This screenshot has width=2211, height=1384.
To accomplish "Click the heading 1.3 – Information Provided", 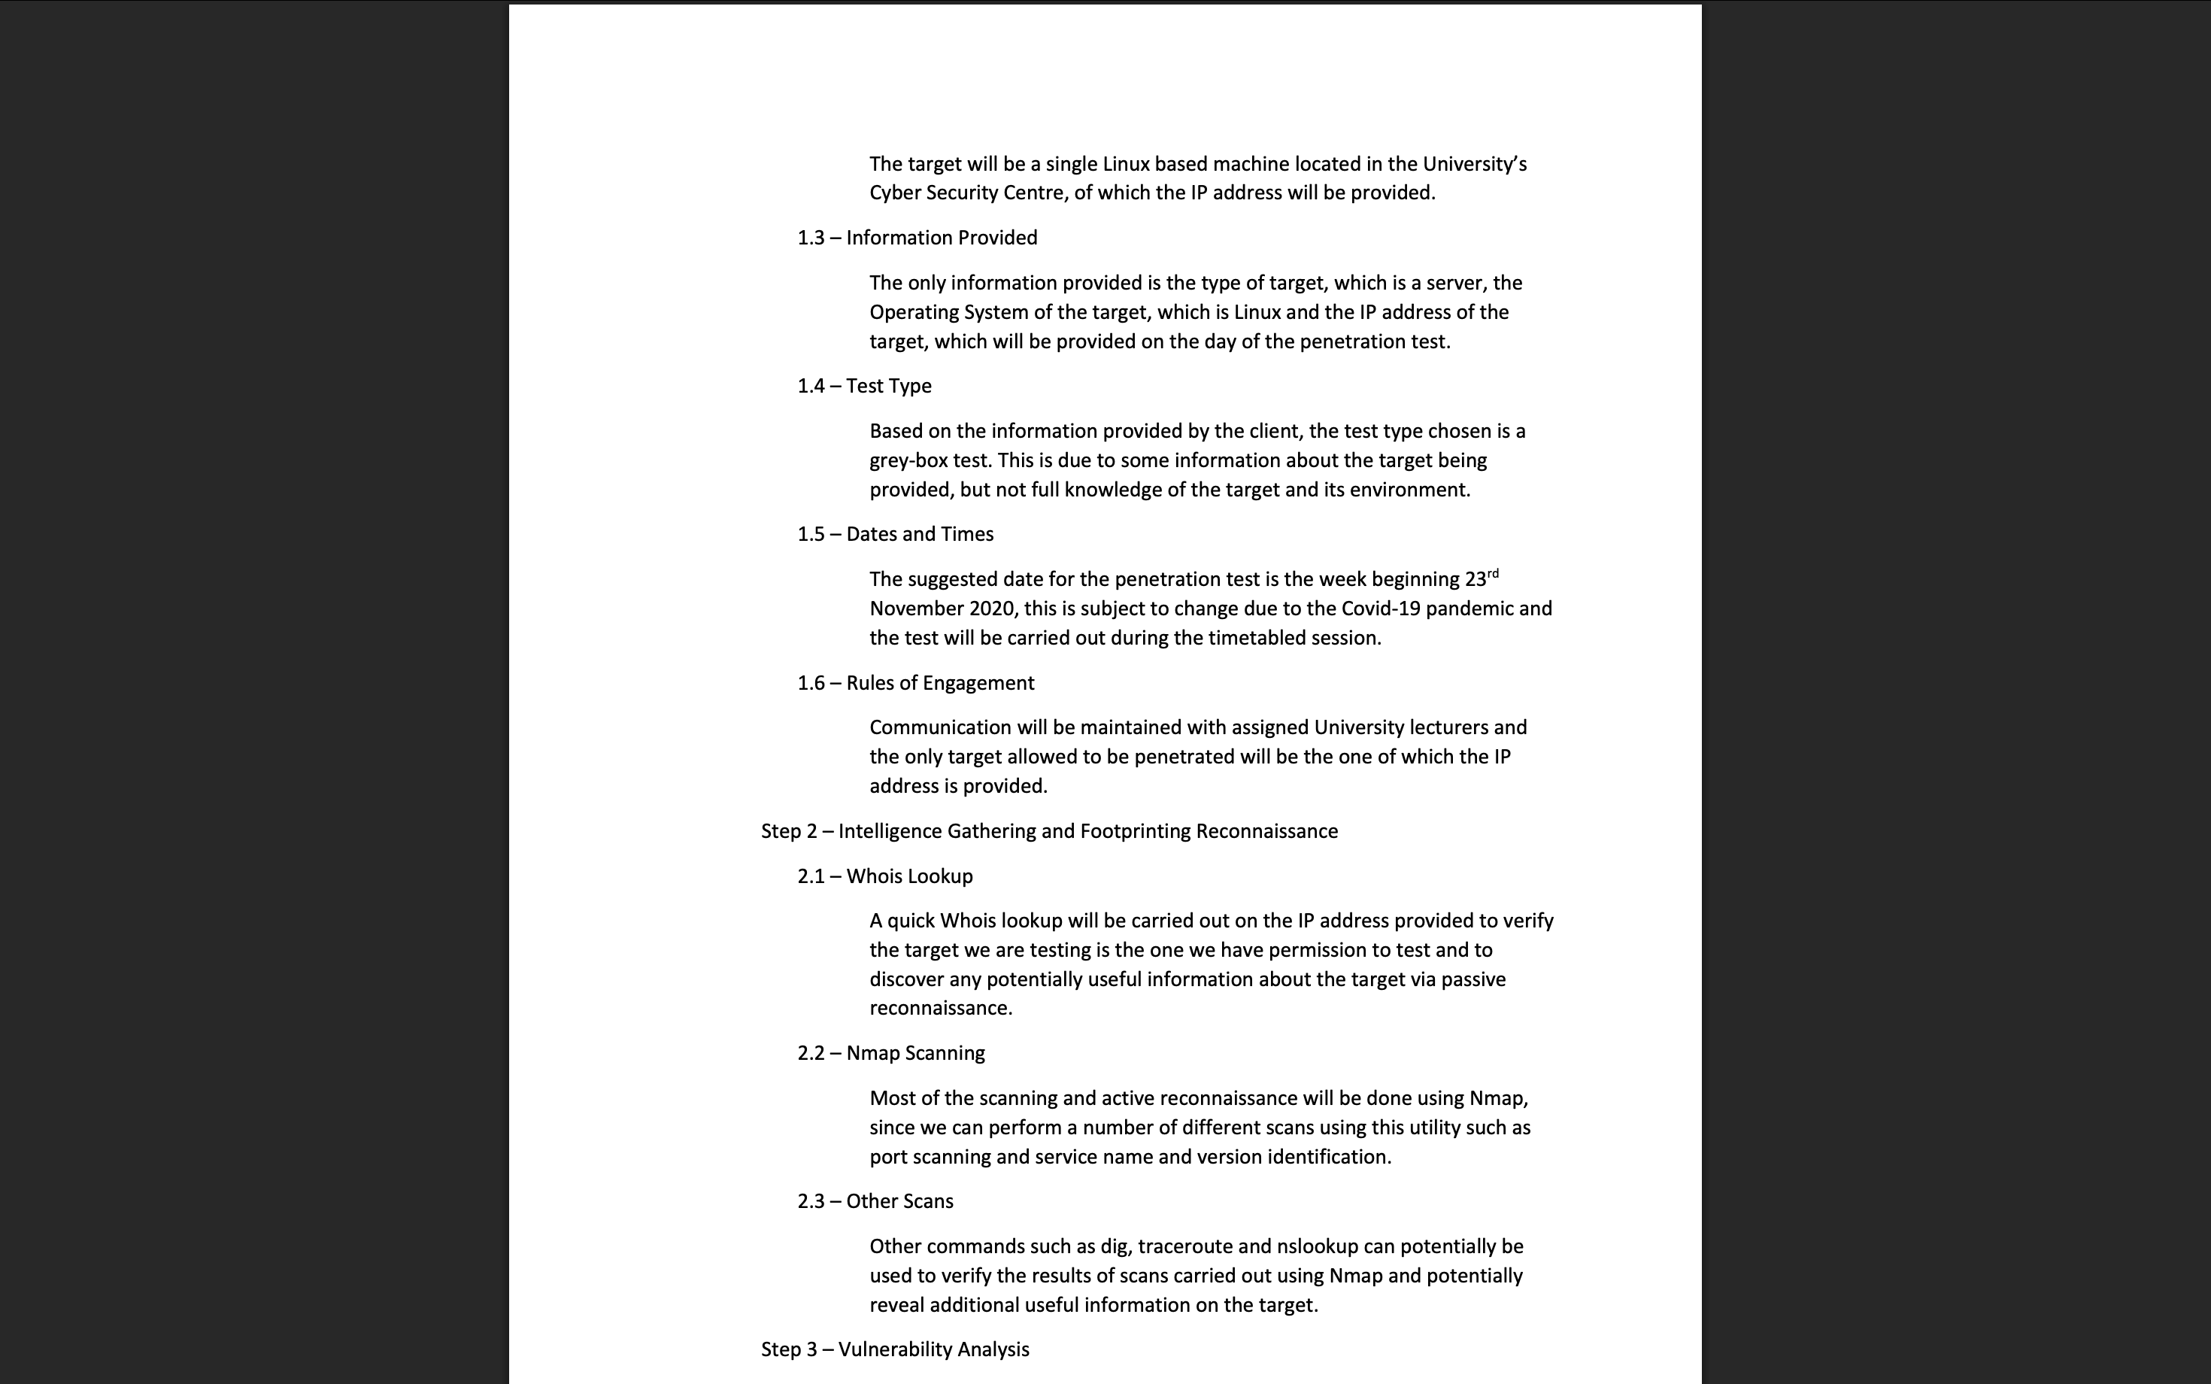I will (917, 238).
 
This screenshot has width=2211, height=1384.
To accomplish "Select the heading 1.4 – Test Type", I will (864, 387).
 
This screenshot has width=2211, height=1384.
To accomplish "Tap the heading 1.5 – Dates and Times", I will (895, 535).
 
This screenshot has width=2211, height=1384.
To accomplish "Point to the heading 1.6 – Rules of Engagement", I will (915, 684).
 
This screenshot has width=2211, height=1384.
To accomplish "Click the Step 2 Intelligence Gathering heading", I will (1049, 831).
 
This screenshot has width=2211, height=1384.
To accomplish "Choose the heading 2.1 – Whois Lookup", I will (885, 877).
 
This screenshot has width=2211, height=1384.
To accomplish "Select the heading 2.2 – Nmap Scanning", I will (890, 1054).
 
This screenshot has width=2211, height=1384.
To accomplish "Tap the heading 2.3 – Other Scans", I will (875, 1202).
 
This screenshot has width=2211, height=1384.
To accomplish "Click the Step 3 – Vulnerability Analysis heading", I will (895, 1350).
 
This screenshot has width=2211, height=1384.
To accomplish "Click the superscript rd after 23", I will (1493, 574).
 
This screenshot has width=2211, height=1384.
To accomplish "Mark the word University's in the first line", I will (1473, 165).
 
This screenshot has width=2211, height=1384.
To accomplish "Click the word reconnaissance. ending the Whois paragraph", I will (940, 1009).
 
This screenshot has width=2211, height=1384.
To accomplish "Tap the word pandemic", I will (1469, 609).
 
